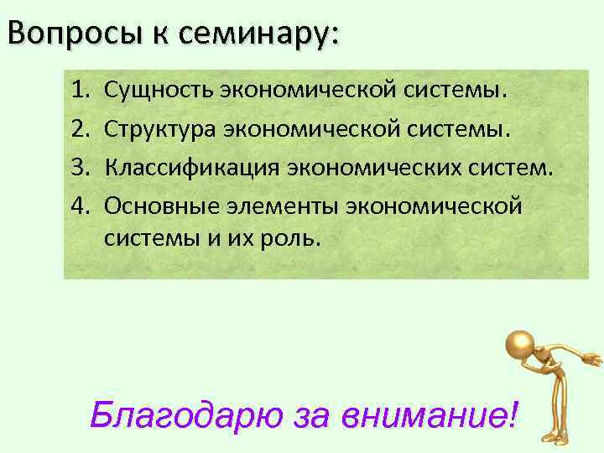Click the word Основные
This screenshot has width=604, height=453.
(161, 205)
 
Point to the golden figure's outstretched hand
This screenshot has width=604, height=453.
(591, 362)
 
